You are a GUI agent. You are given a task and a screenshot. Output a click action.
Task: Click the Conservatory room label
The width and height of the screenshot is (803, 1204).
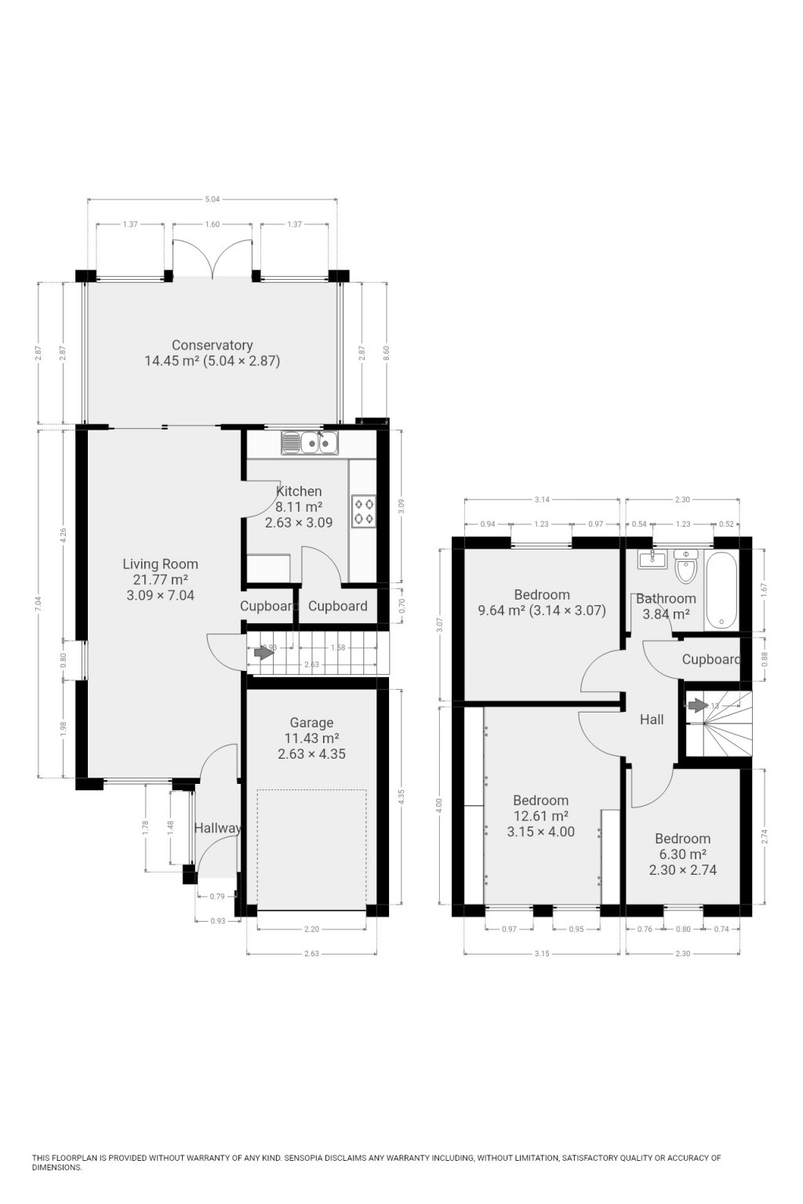(x=212, y=346)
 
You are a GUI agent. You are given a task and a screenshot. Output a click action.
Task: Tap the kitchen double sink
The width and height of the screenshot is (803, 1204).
(x=310, y=444)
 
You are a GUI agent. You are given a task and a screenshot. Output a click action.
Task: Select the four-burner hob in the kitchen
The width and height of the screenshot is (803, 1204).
(x=363, y=510)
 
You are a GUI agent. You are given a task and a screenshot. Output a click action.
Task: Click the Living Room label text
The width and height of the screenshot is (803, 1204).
(x=160, y=564)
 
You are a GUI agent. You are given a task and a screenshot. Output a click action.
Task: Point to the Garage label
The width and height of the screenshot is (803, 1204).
(x=311, y=723)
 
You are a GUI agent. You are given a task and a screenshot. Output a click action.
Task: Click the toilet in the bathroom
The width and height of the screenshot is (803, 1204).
(x=685, y=568)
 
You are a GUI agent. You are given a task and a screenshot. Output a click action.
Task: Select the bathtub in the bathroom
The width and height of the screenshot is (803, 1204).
(x=720, y=589)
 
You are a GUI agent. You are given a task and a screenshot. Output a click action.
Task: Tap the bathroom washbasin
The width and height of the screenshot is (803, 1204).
(x=650, y=559)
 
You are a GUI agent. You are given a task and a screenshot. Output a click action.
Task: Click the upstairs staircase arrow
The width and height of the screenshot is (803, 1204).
(x=696, y=705)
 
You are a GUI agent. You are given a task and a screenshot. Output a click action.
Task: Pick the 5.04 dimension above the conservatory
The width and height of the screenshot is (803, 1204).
(x=213, y=199)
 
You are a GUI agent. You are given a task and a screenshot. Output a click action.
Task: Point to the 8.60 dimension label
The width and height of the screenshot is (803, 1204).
(x=386, y=353)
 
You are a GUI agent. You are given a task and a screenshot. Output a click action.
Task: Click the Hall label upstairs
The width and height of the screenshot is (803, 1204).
(x=652, y=720)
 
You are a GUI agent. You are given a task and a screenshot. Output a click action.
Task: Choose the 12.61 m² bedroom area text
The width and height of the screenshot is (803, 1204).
(x=540, y=816)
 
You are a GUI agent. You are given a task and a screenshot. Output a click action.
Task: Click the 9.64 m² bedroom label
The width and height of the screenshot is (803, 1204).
(x=541, y=610)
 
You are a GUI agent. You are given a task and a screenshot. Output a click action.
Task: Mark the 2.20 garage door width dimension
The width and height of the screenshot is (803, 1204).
(x=311, y=929)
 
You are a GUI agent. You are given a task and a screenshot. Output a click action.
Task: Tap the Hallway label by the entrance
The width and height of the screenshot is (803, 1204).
(x=217, y=828)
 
